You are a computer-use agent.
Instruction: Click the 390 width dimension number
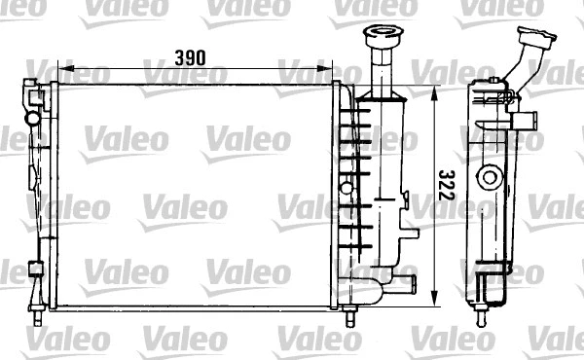tap(191, 57)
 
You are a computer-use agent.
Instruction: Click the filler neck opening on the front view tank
tap(377, 35)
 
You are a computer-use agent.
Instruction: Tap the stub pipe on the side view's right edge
tap(527, 124)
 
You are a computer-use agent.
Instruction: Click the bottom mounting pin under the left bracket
tap(37, 315)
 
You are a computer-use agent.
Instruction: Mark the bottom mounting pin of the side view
tap(482, 314)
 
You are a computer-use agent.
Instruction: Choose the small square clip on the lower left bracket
tap(37, 270)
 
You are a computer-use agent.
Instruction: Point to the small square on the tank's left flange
tap(346, 186)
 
